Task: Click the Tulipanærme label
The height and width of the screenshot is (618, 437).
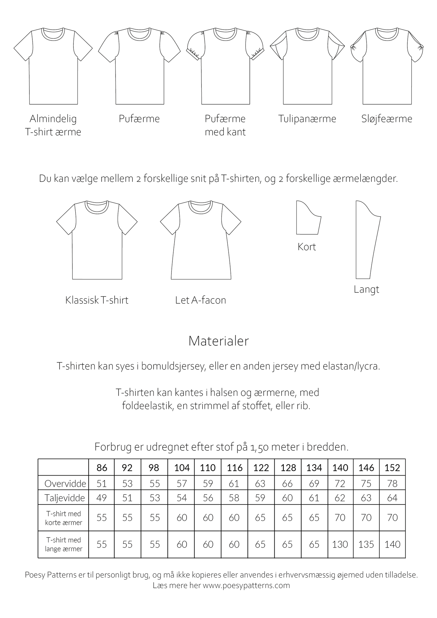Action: tap(307, 119)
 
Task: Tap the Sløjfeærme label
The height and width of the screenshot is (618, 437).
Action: tap(386, 119)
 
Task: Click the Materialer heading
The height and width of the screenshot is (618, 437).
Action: tap(218, 341)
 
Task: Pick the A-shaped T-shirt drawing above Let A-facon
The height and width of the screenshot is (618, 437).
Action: tap(201, 242)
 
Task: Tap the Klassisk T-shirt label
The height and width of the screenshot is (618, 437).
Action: tap(97, 300)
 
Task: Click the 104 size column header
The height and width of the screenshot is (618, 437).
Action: tap(182, 468)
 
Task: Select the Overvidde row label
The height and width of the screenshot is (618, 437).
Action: tap(65, 483)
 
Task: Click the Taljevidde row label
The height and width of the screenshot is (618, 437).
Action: tap(64, 498)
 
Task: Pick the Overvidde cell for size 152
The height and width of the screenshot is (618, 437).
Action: tap(392, 483)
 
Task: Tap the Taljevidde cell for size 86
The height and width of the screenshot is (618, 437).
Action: tap(102, 498)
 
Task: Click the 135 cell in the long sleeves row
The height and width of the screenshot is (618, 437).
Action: tap(366, 544)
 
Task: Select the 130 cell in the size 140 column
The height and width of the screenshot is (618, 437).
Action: tap(340, 544)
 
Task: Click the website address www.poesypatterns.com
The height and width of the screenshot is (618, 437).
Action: tap(246, 585)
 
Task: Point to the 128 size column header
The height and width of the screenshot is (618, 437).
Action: tap(288, 468)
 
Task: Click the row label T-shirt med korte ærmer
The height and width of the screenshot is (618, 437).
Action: tap(64, 518)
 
